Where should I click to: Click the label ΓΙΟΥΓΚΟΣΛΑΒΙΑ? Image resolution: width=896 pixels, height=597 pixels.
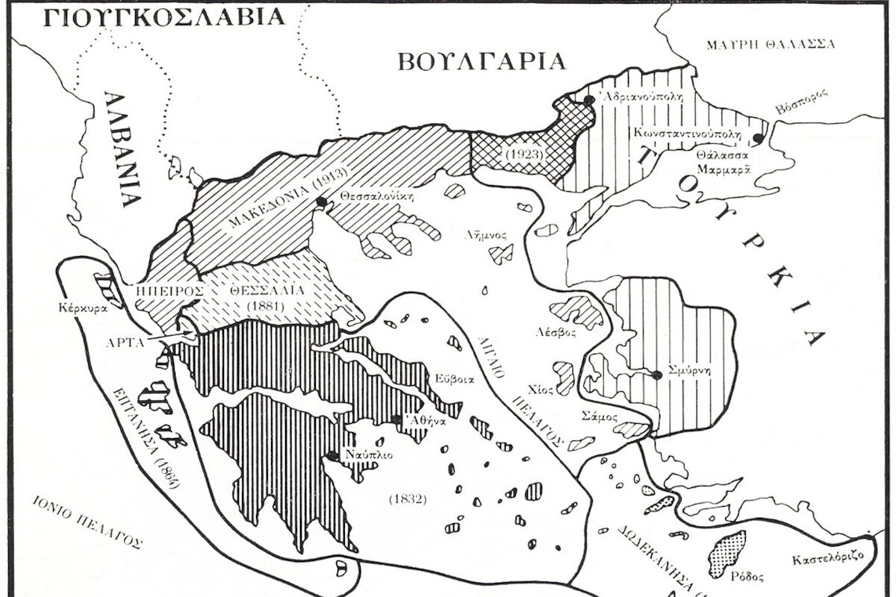click(x=164, y=16)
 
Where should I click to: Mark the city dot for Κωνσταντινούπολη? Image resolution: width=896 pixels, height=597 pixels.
click(x=759, y=138)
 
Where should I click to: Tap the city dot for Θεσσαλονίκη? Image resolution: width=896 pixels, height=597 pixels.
click(x=322, y=201)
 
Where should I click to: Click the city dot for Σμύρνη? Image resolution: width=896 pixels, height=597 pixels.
click(x=656, y=375)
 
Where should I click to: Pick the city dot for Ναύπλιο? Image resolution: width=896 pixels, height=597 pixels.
click(x=331, y=454)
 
